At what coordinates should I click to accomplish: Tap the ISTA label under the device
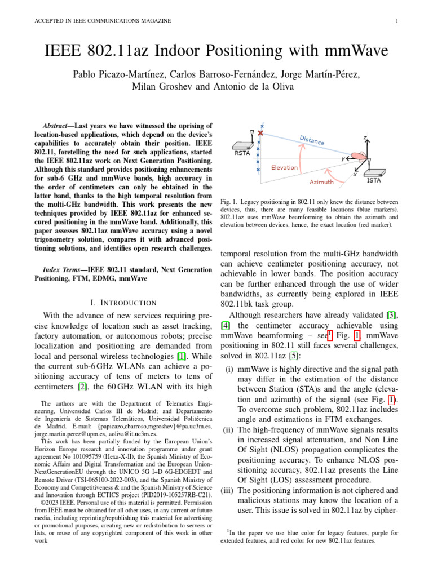coord(374,180)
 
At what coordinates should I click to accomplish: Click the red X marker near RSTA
coord(260,134)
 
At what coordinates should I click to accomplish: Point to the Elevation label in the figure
coord(285,167)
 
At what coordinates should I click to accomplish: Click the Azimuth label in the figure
coord(321,182)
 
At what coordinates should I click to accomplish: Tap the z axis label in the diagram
coord(365,137)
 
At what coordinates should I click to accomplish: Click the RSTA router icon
coord(242,144)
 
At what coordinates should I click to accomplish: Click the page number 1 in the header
coord(397,21)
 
